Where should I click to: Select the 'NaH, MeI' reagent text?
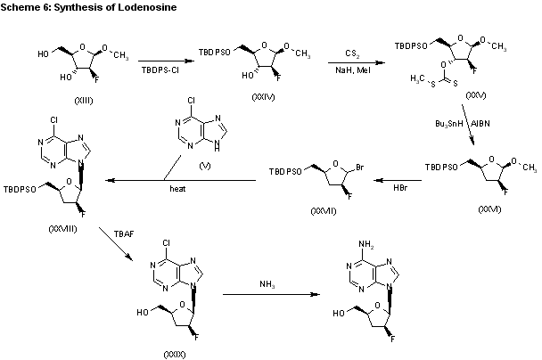(x=353, y=69)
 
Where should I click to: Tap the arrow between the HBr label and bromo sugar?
(x=390, y=180)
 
